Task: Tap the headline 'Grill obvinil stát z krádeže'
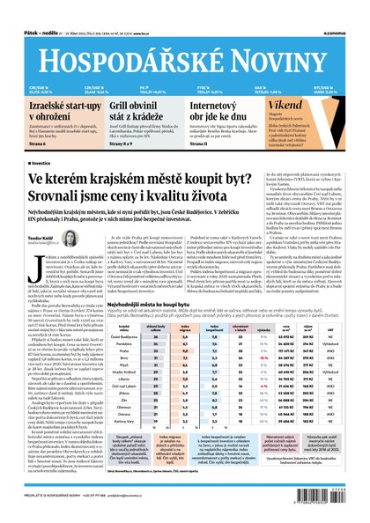tap(132, 112)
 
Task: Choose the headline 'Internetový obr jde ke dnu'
tap(220, 112)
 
